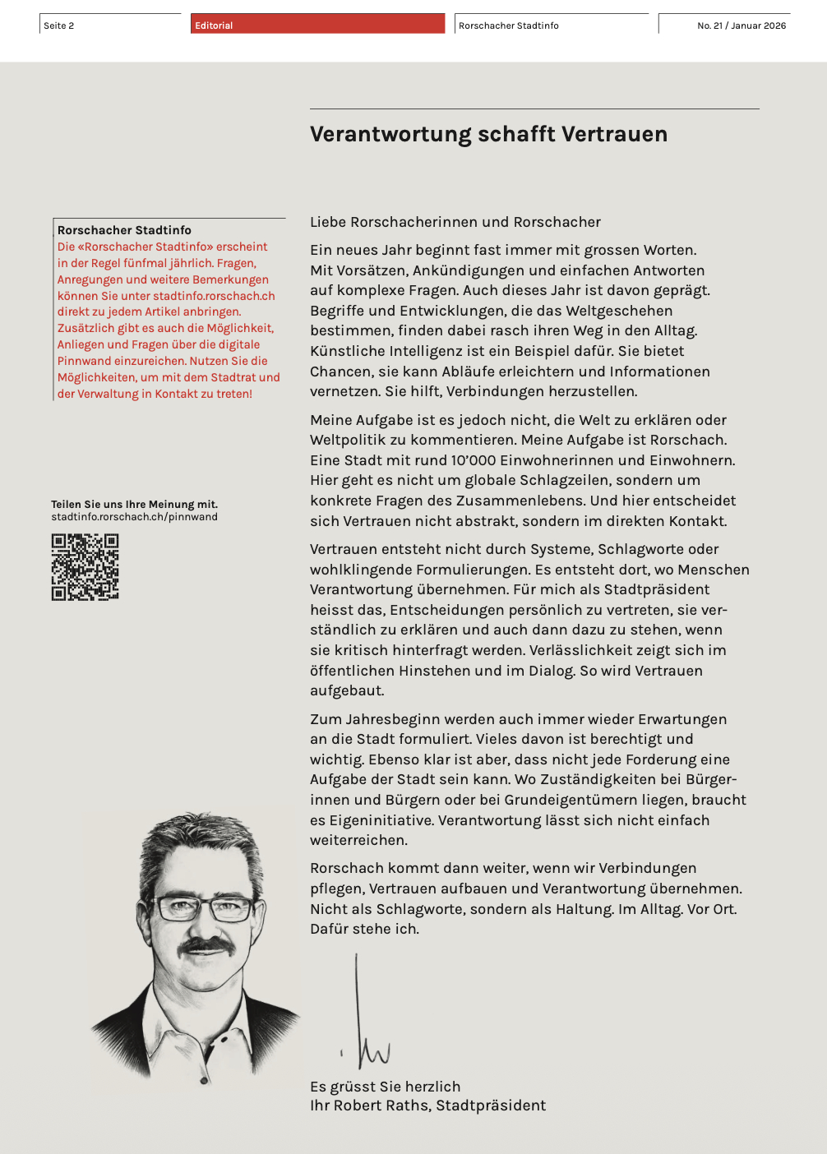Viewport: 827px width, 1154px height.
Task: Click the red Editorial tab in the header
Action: [317, 25]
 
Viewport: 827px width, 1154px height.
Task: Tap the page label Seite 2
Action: [59, 25]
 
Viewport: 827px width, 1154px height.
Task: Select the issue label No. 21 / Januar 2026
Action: [741, 25]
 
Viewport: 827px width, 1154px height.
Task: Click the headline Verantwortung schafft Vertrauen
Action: [488, 134]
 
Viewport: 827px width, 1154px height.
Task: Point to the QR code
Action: [85, 567]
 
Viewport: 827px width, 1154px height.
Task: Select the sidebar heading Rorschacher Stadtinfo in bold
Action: [124, 230]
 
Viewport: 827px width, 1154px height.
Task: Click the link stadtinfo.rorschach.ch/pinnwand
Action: [134, 517]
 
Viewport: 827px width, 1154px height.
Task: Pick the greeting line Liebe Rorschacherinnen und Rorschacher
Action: [455, 222]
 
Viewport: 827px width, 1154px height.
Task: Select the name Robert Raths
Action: [383, 1106]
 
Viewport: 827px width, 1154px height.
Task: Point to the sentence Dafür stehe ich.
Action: [364, 929]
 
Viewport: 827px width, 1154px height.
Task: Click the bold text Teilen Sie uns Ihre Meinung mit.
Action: [134, 504]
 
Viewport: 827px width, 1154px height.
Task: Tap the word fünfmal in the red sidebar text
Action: [167, 263]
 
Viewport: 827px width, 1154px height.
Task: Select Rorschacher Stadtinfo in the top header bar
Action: [508, 25]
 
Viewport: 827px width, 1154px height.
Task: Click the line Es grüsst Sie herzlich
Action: [385, 1087]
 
